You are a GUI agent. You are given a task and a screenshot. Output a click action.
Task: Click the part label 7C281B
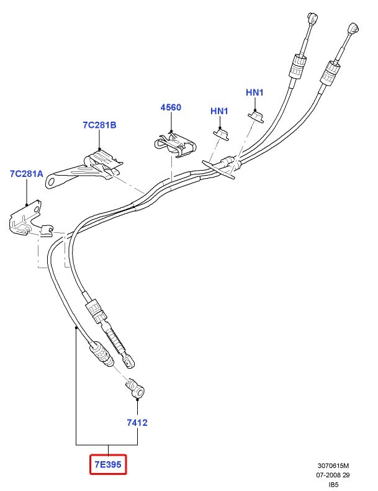tap(99, 125)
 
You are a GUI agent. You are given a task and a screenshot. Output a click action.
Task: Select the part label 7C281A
tap(27, 174)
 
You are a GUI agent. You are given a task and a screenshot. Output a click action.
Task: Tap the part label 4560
tap(171, 107)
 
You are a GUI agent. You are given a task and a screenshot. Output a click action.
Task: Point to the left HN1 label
tap(219, 111)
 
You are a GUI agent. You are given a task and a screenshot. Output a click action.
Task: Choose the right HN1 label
tap(255, 92)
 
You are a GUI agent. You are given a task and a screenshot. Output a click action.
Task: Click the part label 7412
tap(137, 423)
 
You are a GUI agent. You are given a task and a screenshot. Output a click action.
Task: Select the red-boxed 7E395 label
tap(108, 464)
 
